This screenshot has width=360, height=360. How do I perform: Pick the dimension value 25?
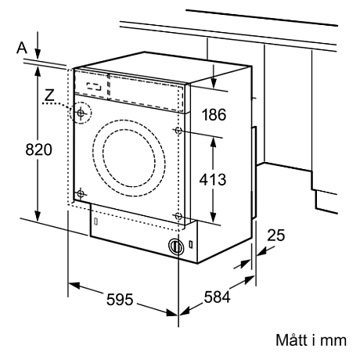(x=276, y=233)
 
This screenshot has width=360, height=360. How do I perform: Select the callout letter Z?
(x=50, y=97)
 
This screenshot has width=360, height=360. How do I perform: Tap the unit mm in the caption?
(x=337, y=341)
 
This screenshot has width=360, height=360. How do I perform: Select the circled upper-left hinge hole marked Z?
(x=81, y=113)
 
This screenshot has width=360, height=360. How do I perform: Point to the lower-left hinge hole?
(x=81, y=192)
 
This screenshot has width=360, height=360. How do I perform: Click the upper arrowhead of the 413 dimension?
(x=212, y=135)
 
